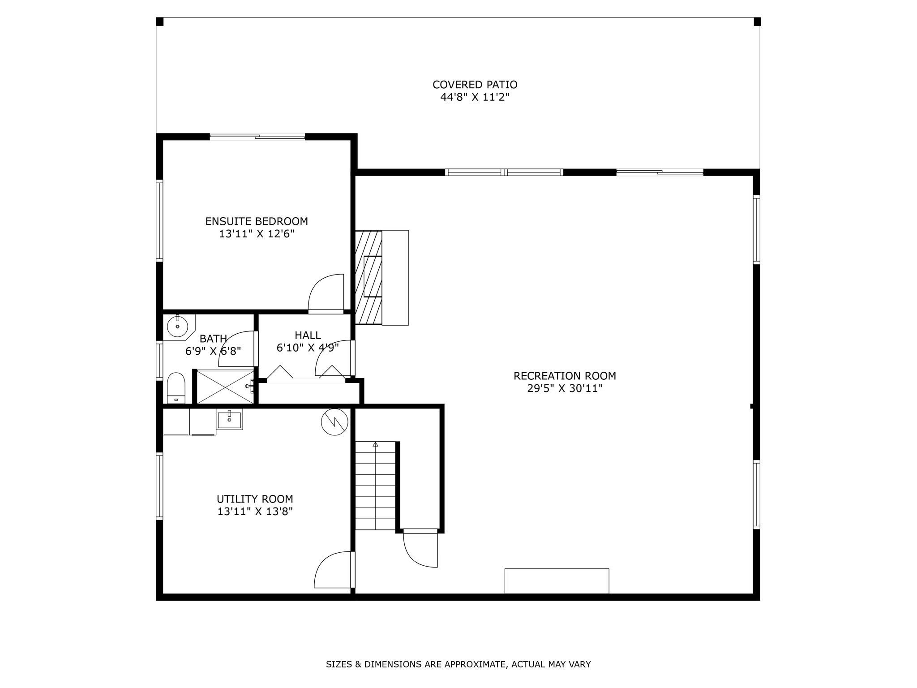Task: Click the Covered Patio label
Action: [x=475, y=85]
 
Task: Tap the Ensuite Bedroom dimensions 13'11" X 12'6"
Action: [x=257, y=234]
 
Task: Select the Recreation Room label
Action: [x=565, y=376]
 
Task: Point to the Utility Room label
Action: [x=255, y=499]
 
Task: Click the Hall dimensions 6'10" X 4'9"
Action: [x=308, y=347]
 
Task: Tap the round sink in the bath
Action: [x=178, y=326]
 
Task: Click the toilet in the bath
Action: [x=176, y=388]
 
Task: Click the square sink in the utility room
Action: [x=229, y=419]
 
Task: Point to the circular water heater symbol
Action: [x=334, y=421]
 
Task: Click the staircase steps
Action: [x=376, y=486]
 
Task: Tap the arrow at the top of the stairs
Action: [x=375, y=444]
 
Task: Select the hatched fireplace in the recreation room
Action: [x=369, y=277]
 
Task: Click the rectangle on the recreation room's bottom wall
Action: [x=557, y=581]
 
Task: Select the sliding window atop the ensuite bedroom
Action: [x=257, y=137]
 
